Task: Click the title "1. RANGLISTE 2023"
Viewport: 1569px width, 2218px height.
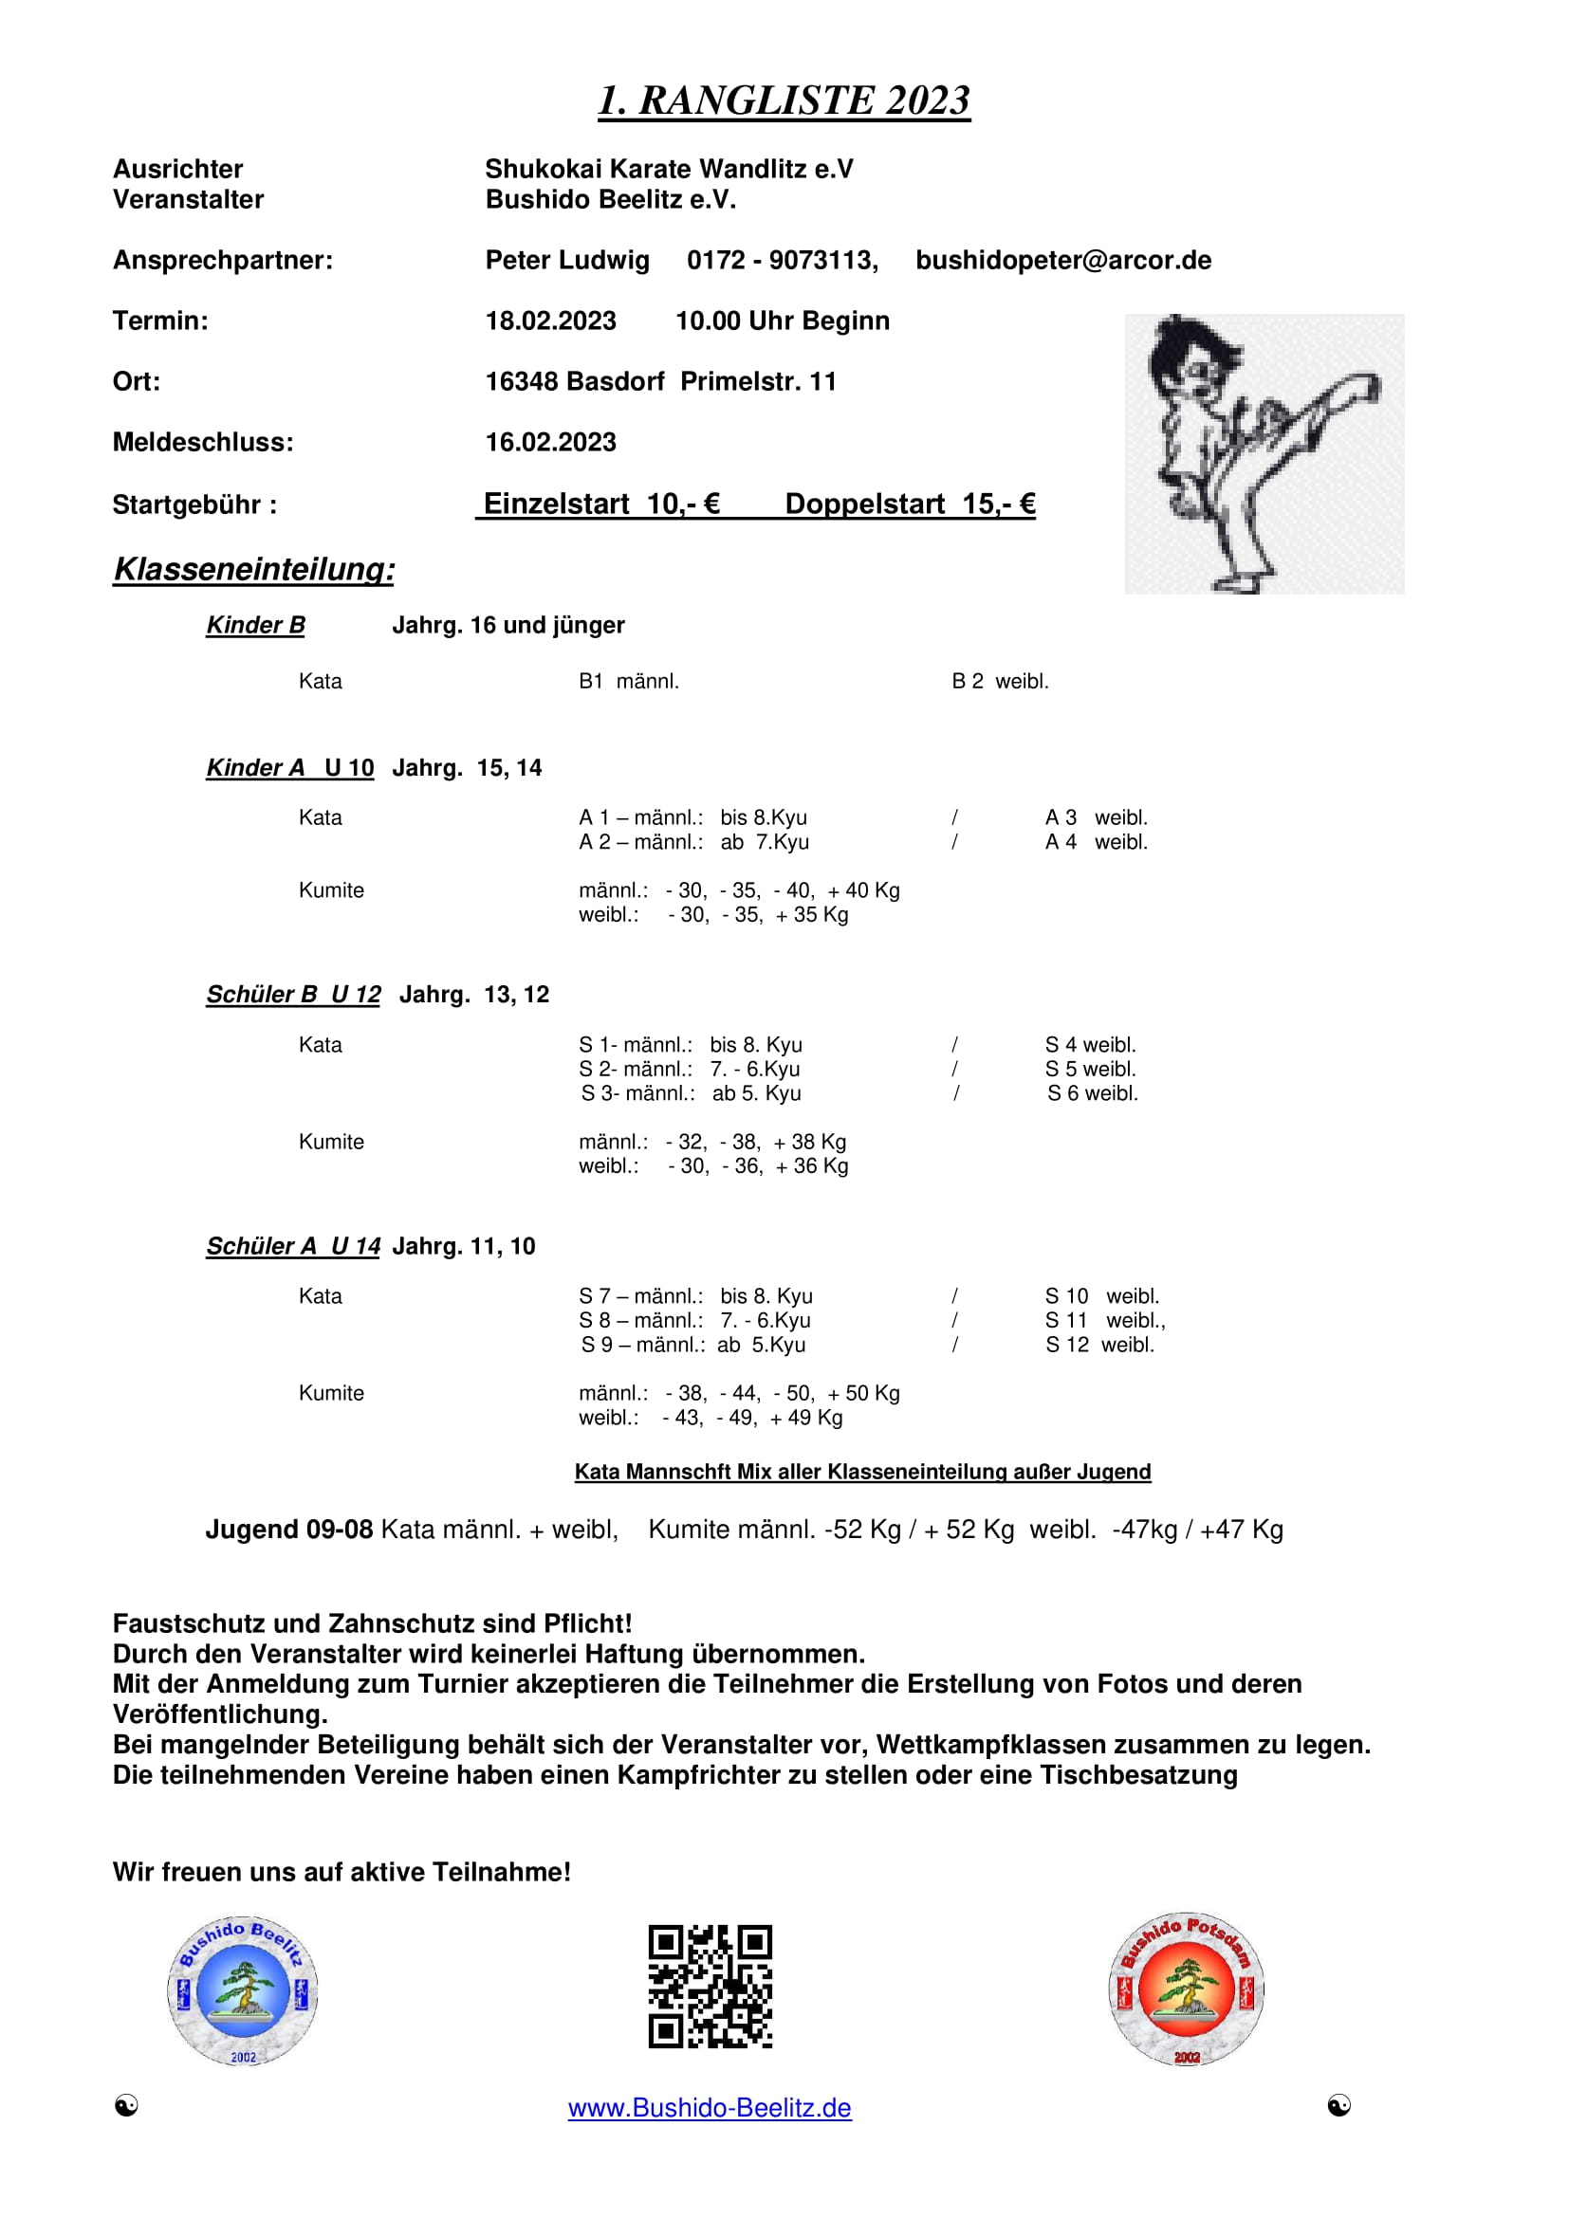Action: (784, 101)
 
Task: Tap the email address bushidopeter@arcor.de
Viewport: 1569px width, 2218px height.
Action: (1062, 260)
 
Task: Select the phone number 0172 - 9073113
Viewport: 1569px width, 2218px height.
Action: (782, 260)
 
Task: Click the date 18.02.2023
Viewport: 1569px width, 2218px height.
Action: (551, 321)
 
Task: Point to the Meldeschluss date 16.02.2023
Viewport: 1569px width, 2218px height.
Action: (551, 443)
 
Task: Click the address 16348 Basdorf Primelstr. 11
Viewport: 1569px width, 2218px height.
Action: (661, 381)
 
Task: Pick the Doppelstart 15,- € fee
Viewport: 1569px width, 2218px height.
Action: (909, 504)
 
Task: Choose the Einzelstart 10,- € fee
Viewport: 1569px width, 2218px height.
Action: (600, 504)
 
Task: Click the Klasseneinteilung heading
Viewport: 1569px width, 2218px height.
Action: (254, 569)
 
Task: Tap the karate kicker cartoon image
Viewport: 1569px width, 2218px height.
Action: (1264, 453)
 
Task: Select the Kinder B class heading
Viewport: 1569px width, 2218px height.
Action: (255, 626)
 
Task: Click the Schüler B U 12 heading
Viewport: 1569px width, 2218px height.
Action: (293, 995)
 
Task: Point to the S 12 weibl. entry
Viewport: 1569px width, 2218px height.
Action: (1099, 1345)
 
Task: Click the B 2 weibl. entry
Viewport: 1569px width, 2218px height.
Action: (1000, 682)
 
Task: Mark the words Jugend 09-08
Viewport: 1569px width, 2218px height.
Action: (289, 1531)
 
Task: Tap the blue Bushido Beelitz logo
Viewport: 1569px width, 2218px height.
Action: (243, 1991)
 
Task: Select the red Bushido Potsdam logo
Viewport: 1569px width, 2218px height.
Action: (1187, 1989)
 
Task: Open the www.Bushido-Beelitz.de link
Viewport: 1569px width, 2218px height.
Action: (710, 2108)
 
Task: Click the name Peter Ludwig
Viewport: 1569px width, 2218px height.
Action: (567, 260)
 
